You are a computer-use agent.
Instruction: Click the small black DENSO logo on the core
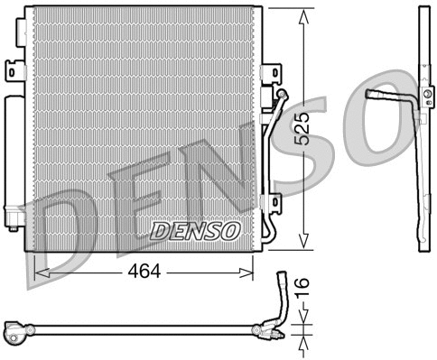(x=195, y=231)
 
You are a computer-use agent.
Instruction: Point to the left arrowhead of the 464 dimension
(x=39, y=270)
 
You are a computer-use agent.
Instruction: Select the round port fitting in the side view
(x=424, y=90)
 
